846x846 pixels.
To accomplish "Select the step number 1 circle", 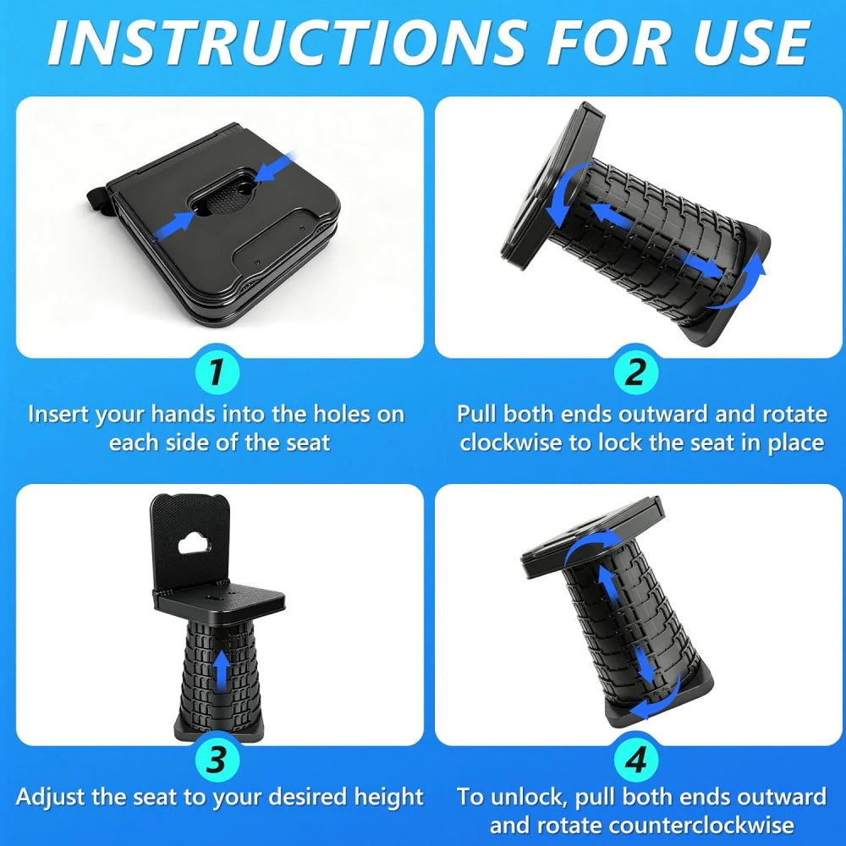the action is (217, 371).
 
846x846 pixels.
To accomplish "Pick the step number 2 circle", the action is (636, 371).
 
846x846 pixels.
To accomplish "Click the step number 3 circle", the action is (217, 759).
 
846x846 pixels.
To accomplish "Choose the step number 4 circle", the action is (636, 759).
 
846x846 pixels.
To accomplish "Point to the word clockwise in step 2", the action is (511, 443).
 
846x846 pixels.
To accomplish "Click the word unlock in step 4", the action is (528, 798).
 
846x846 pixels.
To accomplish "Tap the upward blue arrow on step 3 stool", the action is (221, 671).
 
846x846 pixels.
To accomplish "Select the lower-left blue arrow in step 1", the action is (175, 225).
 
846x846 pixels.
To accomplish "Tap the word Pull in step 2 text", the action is (476, 415).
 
